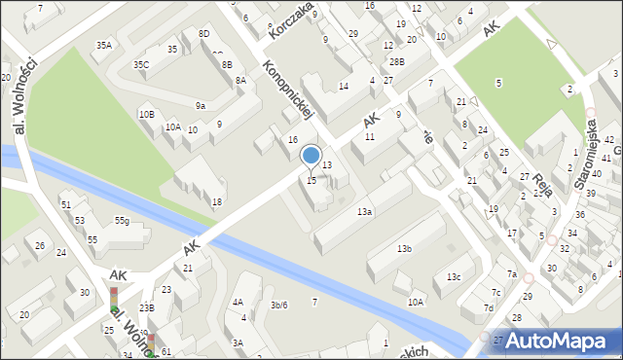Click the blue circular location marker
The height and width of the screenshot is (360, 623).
click(311, 155)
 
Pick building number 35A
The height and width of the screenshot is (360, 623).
click(104, 45)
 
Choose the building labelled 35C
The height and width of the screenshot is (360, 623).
click(142, 65)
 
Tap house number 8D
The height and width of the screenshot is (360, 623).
click(203, 33)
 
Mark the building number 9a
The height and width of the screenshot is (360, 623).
click(200, 105)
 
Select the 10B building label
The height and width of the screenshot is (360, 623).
click(146, 114)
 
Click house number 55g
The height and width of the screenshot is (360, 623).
click(122, 221)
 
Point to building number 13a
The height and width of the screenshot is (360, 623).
click(364, 211)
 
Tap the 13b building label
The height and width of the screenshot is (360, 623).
click(404, 249)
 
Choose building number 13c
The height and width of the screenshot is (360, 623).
click(454, 277)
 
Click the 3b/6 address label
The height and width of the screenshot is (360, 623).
click(278, 306)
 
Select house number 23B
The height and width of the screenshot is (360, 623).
click(146, 307)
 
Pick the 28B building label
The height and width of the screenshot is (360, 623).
click(396, 60)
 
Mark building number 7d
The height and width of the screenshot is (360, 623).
click(489, 308)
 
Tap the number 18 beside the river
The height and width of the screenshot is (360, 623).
click(217, 201)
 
